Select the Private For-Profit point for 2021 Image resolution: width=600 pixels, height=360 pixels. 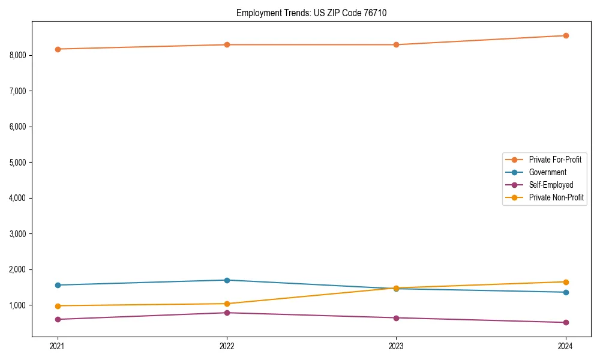[58, 49]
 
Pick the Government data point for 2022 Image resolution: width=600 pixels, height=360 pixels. [227, 280]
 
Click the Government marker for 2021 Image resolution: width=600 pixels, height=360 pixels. [58, 285]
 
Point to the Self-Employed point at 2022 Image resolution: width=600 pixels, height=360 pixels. [227, 313]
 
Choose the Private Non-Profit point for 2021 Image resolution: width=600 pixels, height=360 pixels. [58, 306]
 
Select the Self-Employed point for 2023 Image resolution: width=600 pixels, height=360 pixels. [396, 318]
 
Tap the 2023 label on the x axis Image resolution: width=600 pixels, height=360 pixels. [396, 346]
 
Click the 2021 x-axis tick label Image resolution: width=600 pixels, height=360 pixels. [58, 346]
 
